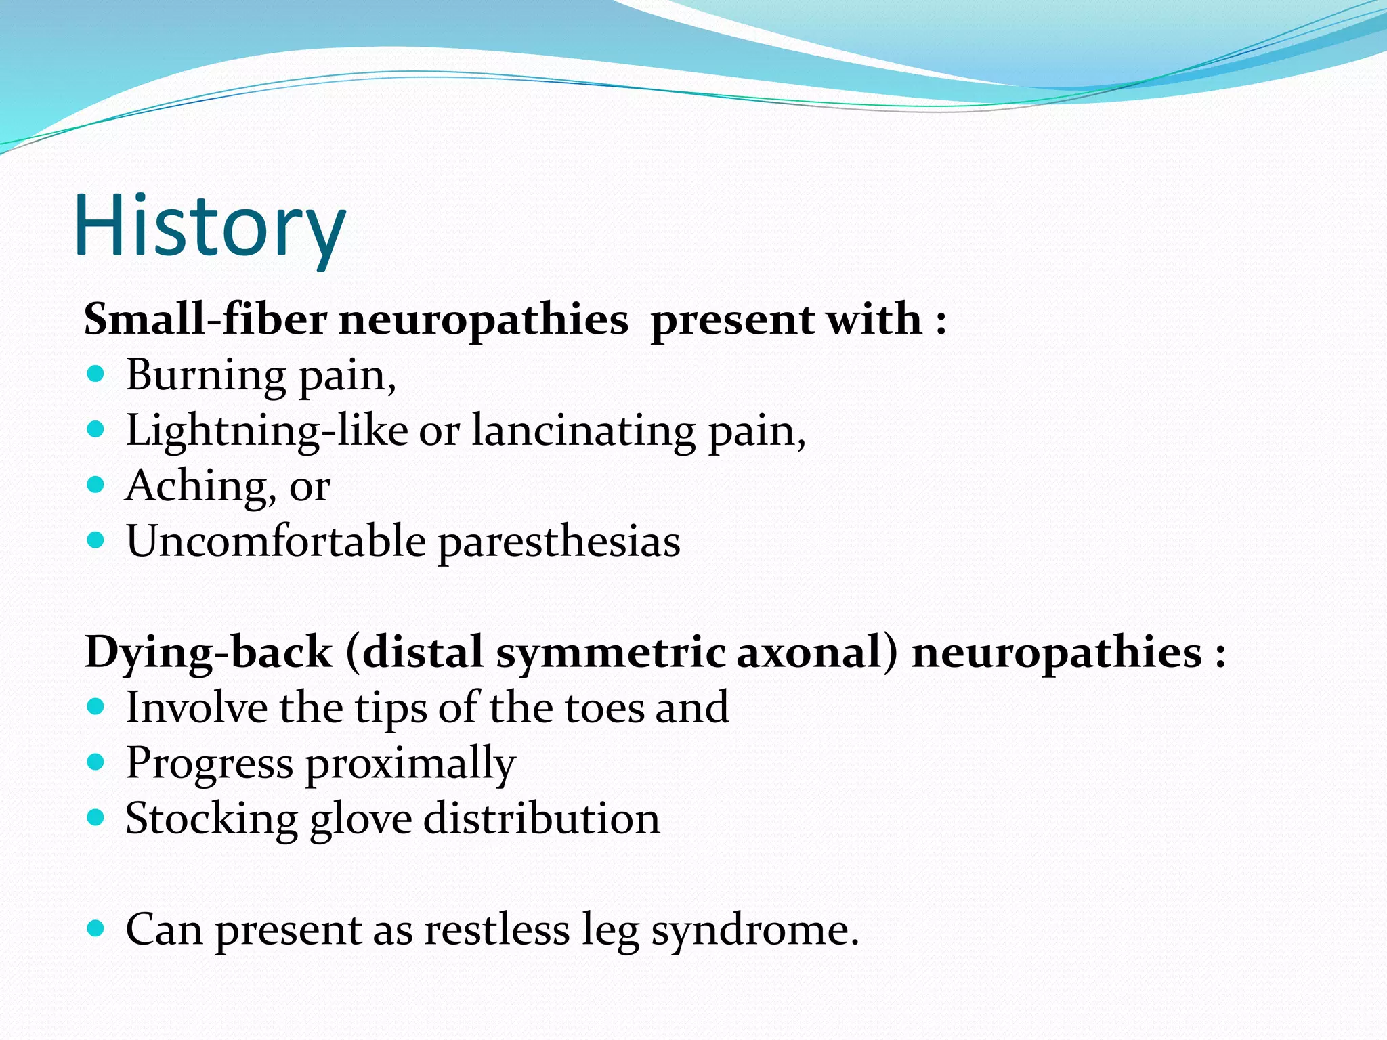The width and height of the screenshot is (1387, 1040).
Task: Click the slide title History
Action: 210,227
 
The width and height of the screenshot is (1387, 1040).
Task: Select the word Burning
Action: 206,375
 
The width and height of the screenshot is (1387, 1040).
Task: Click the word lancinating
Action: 583,431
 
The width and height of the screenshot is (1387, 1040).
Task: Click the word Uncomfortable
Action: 276,541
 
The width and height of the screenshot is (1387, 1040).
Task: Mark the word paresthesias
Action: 559,542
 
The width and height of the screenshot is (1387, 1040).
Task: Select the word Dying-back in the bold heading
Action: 208,653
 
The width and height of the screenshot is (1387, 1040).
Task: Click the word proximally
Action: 410,764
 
